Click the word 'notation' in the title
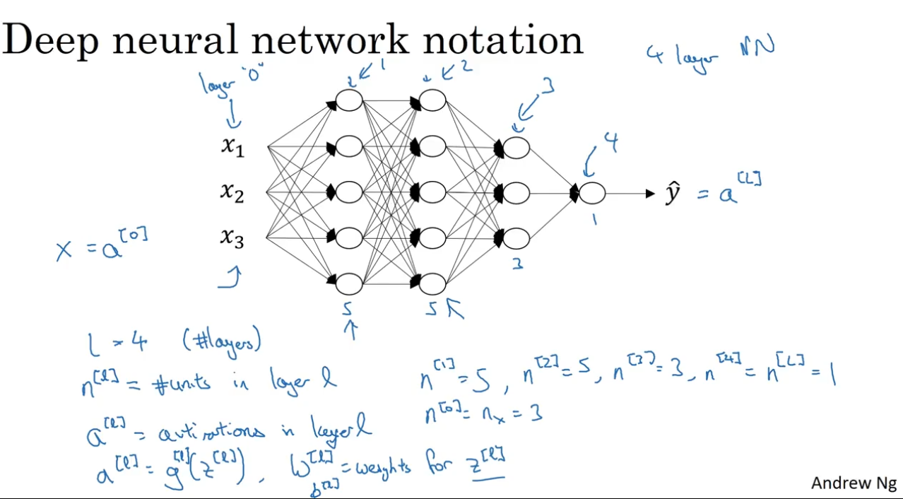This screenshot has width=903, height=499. coord(503,40)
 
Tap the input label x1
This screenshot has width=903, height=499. coord(232,147)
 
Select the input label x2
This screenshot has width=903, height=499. coord(232,192)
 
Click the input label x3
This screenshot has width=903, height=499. coord(232,238)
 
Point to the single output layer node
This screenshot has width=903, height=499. coord(592,192)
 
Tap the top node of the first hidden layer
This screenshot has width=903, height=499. coord(348,100)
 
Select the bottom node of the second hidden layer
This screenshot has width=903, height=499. coord(432,283)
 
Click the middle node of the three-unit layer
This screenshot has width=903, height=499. coord(516,192)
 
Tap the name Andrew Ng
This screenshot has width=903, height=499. coord(854,483)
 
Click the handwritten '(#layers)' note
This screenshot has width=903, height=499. coord(221,342)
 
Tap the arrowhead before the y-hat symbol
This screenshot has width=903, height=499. coord(650,193)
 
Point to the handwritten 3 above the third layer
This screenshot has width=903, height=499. coord(548,87)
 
